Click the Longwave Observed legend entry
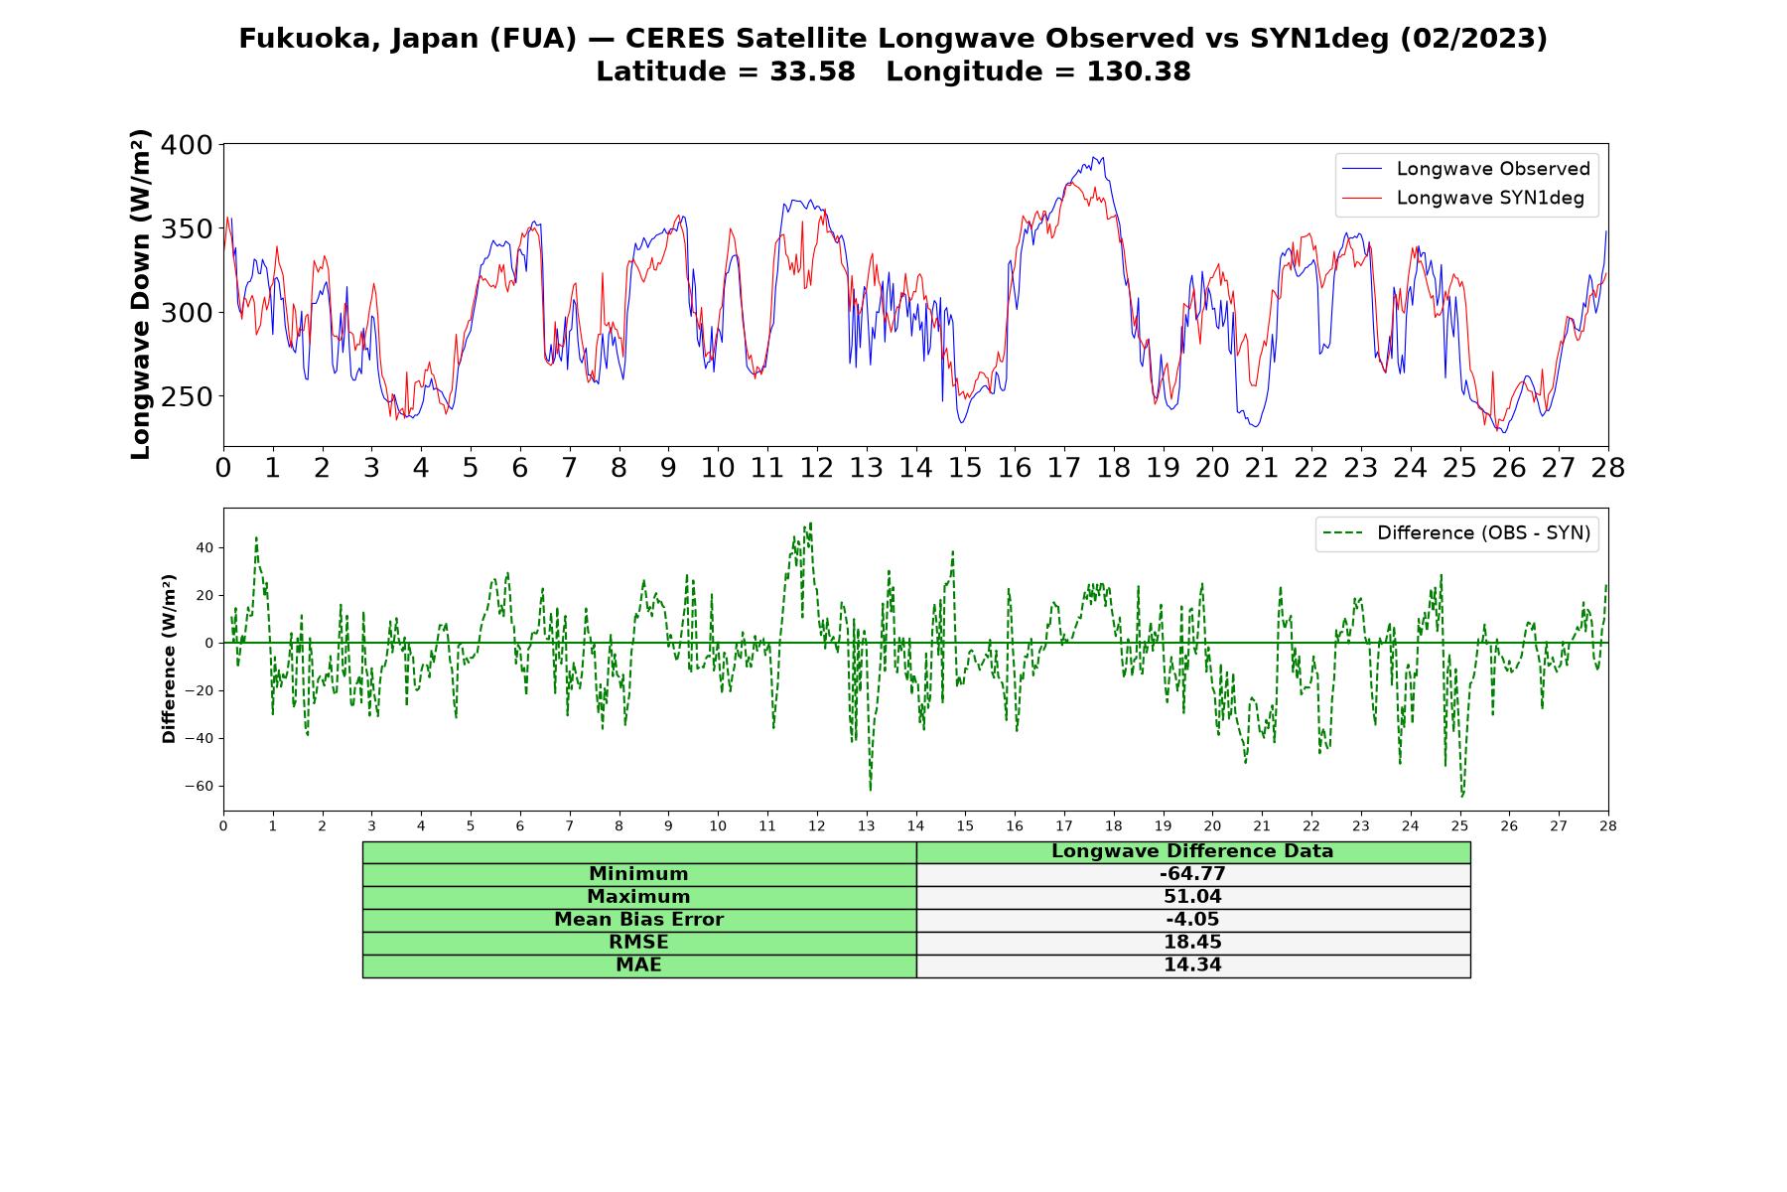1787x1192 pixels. (1465, 169)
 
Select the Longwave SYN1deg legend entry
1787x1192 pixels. (1462, 198)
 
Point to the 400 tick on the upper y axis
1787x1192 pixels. (187, 145)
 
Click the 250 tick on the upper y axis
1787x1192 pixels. (187, 396)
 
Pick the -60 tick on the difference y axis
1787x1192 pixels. (199, 786)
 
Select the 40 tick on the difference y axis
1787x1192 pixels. (205, 547)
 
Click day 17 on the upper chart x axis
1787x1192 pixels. (1063, 468)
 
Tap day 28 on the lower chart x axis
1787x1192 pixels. (1607, 825)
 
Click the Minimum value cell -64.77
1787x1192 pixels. (1192, 874)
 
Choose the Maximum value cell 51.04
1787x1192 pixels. (1192, 897)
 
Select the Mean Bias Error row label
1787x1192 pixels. (638, 920)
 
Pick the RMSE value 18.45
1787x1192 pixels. (1192, 943)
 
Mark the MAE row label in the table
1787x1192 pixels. (638, 966)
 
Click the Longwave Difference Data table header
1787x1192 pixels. (1192, 851)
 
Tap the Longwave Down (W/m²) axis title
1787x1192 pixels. (140, 294)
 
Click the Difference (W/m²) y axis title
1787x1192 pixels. (169, 659)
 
